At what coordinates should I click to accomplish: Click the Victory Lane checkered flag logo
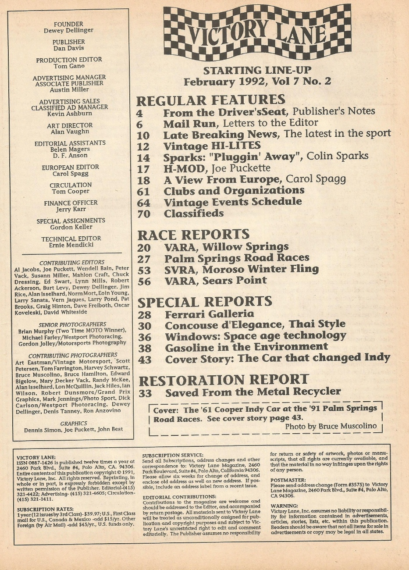click(257, 32)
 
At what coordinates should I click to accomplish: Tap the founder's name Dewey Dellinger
click(68, 31)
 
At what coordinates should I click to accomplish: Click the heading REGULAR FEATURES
click(210, 100)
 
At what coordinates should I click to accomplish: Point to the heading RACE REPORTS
click(193, 235)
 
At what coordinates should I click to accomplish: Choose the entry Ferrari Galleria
click(209, 314)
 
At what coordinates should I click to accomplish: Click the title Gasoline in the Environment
click(246, 347)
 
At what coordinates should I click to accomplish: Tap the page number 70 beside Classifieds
click(143, 214)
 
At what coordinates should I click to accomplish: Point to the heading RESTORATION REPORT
click(223, 379)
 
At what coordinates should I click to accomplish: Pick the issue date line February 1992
click(257, 82)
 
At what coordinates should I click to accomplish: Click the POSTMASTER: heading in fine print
click(288, 480)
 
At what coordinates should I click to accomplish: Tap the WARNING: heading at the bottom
click(285, 506)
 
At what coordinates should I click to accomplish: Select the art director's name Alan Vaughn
click(70, 132)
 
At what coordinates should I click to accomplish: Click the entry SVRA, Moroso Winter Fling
click(241, 269)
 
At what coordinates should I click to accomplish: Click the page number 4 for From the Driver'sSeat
click(139, 112)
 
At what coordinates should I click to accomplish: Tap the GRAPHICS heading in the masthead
click(73, 424)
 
